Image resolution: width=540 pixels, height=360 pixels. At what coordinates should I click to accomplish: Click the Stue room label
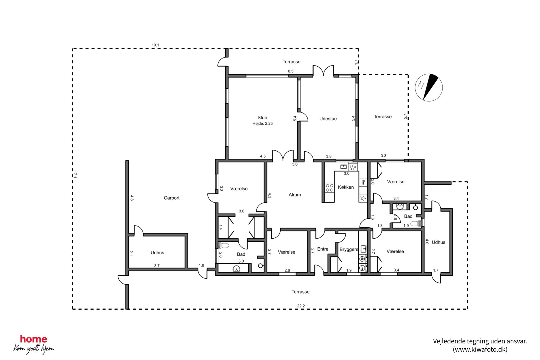(262, 118)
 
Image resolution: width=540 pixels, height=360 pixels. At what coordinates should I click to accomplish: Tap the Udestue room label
(328, 119)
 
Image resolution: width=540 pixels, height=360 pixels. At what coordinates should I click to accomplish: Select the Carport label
(171, 198)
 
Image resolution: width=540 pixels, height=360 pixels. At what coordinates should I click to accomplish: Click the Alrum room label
(295, 195)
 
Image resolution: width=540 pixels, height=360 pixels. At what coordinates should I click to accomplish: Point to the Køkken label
(346, 187)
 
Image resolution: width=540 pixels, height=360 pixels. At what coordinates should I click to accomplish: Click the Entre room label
(323, 249)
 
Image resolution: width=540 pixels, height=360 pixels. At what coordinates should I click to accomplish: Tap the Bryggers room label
(349, 249)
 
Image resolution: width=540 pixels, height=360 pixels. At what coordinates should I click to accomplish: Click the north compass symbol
(429, 87)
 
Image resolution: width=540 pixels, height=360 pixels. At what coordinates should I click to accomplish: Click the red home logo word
(33, 339)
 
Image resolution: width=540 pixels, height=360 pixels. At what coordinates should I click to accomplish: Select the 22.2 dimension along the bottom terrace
(301, 306)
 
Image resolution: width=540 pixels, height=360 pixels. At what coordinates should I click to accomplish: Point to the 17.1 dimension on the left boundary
(75, 174)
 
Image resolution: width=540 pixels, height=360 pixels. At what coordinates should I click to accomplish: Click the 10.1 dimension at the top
(155, 45)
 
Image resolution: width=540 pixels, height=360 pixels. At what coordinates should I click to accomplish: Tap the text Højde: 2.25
(262, 123)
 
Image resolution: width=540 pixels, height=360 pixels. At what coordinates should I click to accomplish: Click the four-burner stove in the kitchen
(329, 188)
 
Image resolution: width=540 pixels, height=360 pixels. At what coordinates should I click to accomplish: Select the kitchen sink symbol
(343, 167)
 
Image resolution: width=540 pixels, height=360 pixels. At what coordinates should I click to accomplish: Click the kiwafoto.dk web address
(480, 349)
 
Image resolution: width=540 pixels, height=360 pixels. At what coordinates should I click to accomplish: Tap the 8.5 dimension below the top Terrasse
(291, 71)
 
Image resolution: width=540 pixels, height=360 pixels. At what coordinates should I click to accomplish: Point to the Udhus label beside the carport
(157, 253)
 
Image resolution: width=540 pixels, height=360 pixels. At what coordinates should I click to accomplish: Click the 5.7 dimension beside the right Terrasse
(405, 116)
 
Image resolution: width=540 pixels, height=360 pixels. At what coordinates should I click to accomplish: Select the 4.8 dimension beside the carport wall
(132, 198)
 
